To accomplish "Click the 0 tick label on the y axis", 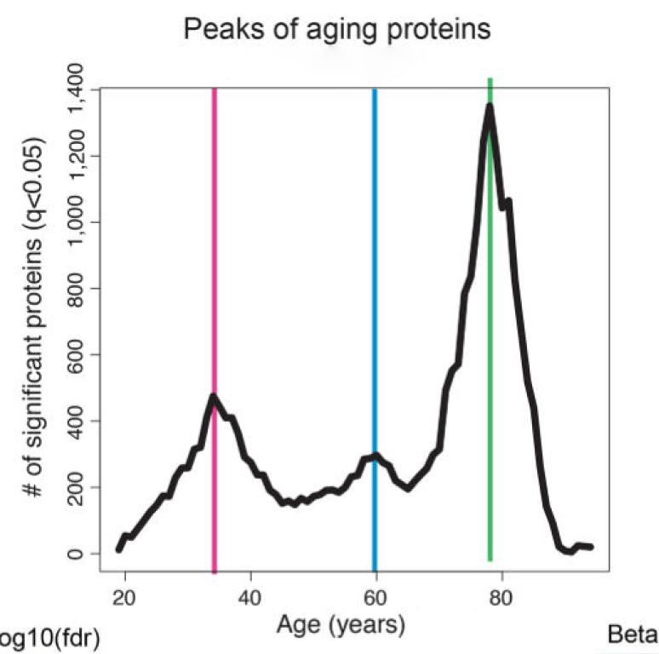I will pyautogui.click(x=76, y=554).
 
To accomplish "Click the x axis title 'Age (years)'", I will pyautogui.click(x=341, y=626).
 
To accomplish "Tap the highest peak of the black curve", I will pyautogui.click(x=490, y=106).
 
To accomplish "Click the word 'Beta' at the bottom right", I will pyautogui.click(x=633, y=635).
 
